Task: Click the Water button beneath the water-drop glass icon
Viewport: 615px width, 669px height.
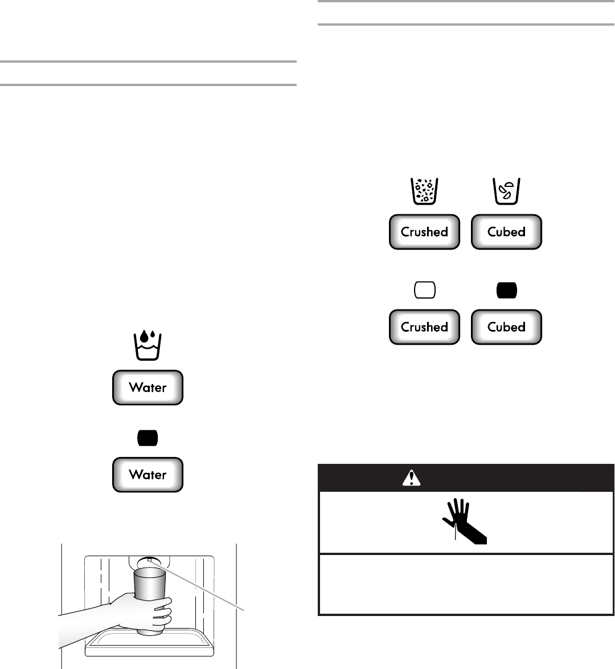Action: point(147,387)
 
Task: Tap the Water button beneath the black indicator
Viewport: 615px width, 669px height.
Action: point(147,475)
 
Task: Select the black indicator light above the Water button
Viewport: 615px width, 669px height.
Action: point(147,438)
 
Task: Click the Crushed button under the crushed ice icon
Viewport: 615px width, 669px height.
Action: point(424,232)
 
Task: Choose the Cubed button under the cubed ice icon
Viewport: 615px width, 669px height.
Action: point(506,232)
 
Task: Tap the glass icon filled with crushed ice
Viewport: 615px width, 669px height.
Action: point(424,191)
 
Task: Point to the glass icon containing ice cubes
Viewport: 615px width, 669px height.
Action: point(506,191)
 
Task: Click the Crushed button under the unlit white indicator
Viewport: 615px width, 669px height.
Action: point(424,327)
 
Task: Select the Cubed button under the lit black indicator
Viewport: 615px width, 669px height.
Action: point(506,327)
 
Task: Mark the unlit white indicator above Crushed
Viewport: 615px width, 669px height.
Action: point(424,290)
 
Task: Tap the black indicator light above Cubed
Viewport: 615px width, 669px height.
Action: point(506,290)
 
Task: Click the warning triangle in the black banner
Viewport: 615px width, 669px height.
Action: point(411,479)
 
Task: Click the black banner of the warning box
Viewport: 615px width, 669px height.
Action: point(512,479)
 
